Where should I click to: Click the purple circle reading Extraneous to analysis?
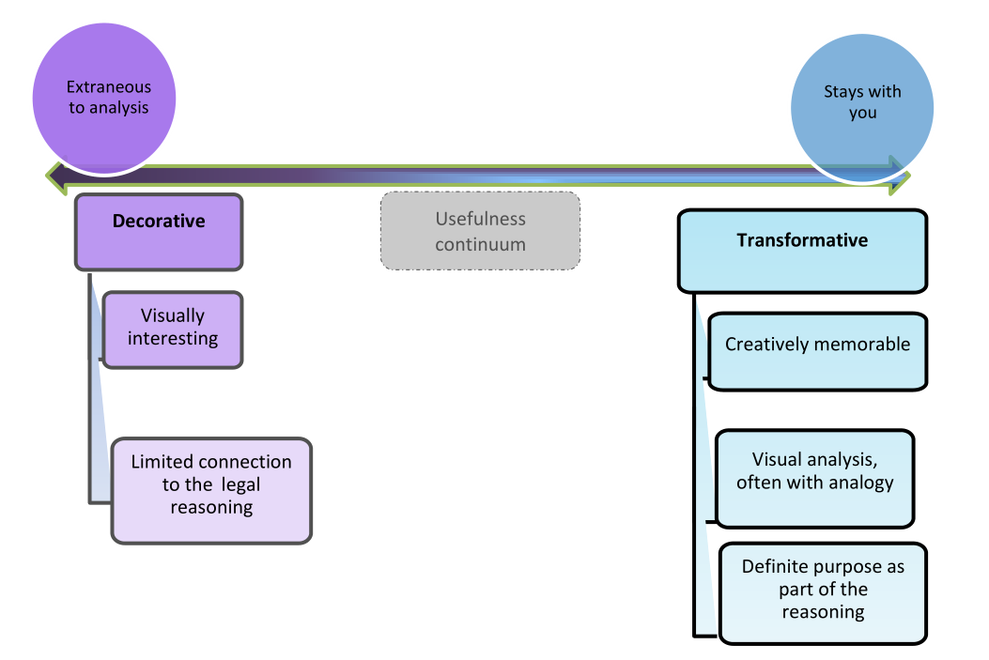[x=104, y=99]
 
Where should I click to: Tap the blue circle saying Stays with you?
[x=862, y=108]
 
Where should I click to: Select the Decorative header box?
[x=159, y=232]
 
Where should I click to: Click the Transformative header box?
[x=802, y=252]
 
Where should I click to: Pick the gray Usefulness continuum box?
[x=480, y=231]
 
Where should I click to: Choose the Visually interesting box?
[x=173, y=330]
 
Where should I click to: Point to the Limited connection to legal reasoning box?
[x=211, y=490]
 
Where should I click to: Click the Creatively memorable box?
[x=817, y=352]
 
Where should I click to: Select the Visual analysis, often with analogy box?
[x=815, y=479]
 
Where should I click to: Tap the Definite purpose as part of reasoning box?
[x=823, y=593]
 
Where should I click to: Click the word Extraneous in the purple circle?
[x=109, y=87]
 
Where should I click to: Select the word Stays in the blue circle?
[x=842, y=92]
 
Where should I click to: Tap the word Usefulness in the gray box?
[x=481, y=219]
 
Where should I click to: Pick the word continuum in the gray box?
[x=481, y=245]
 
